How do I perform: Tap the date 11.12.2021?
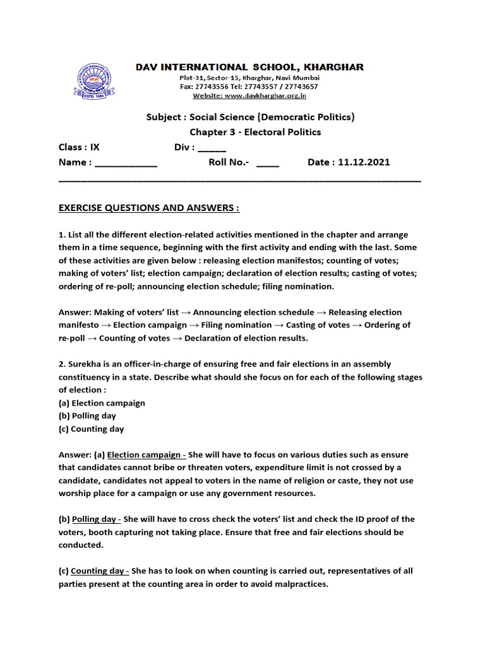point(364,162)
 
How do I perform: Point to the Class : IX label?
point(79,147)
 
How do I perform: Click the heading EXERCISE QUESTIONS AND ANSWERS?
point(149,208)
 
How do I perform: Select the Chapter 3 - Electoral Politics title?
point(255,132)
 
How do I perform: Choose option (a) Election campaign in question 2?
point(102,403)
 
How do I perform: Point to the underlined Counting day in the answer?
point(97,571)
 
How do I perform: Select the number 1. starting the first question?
point(61,234)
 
